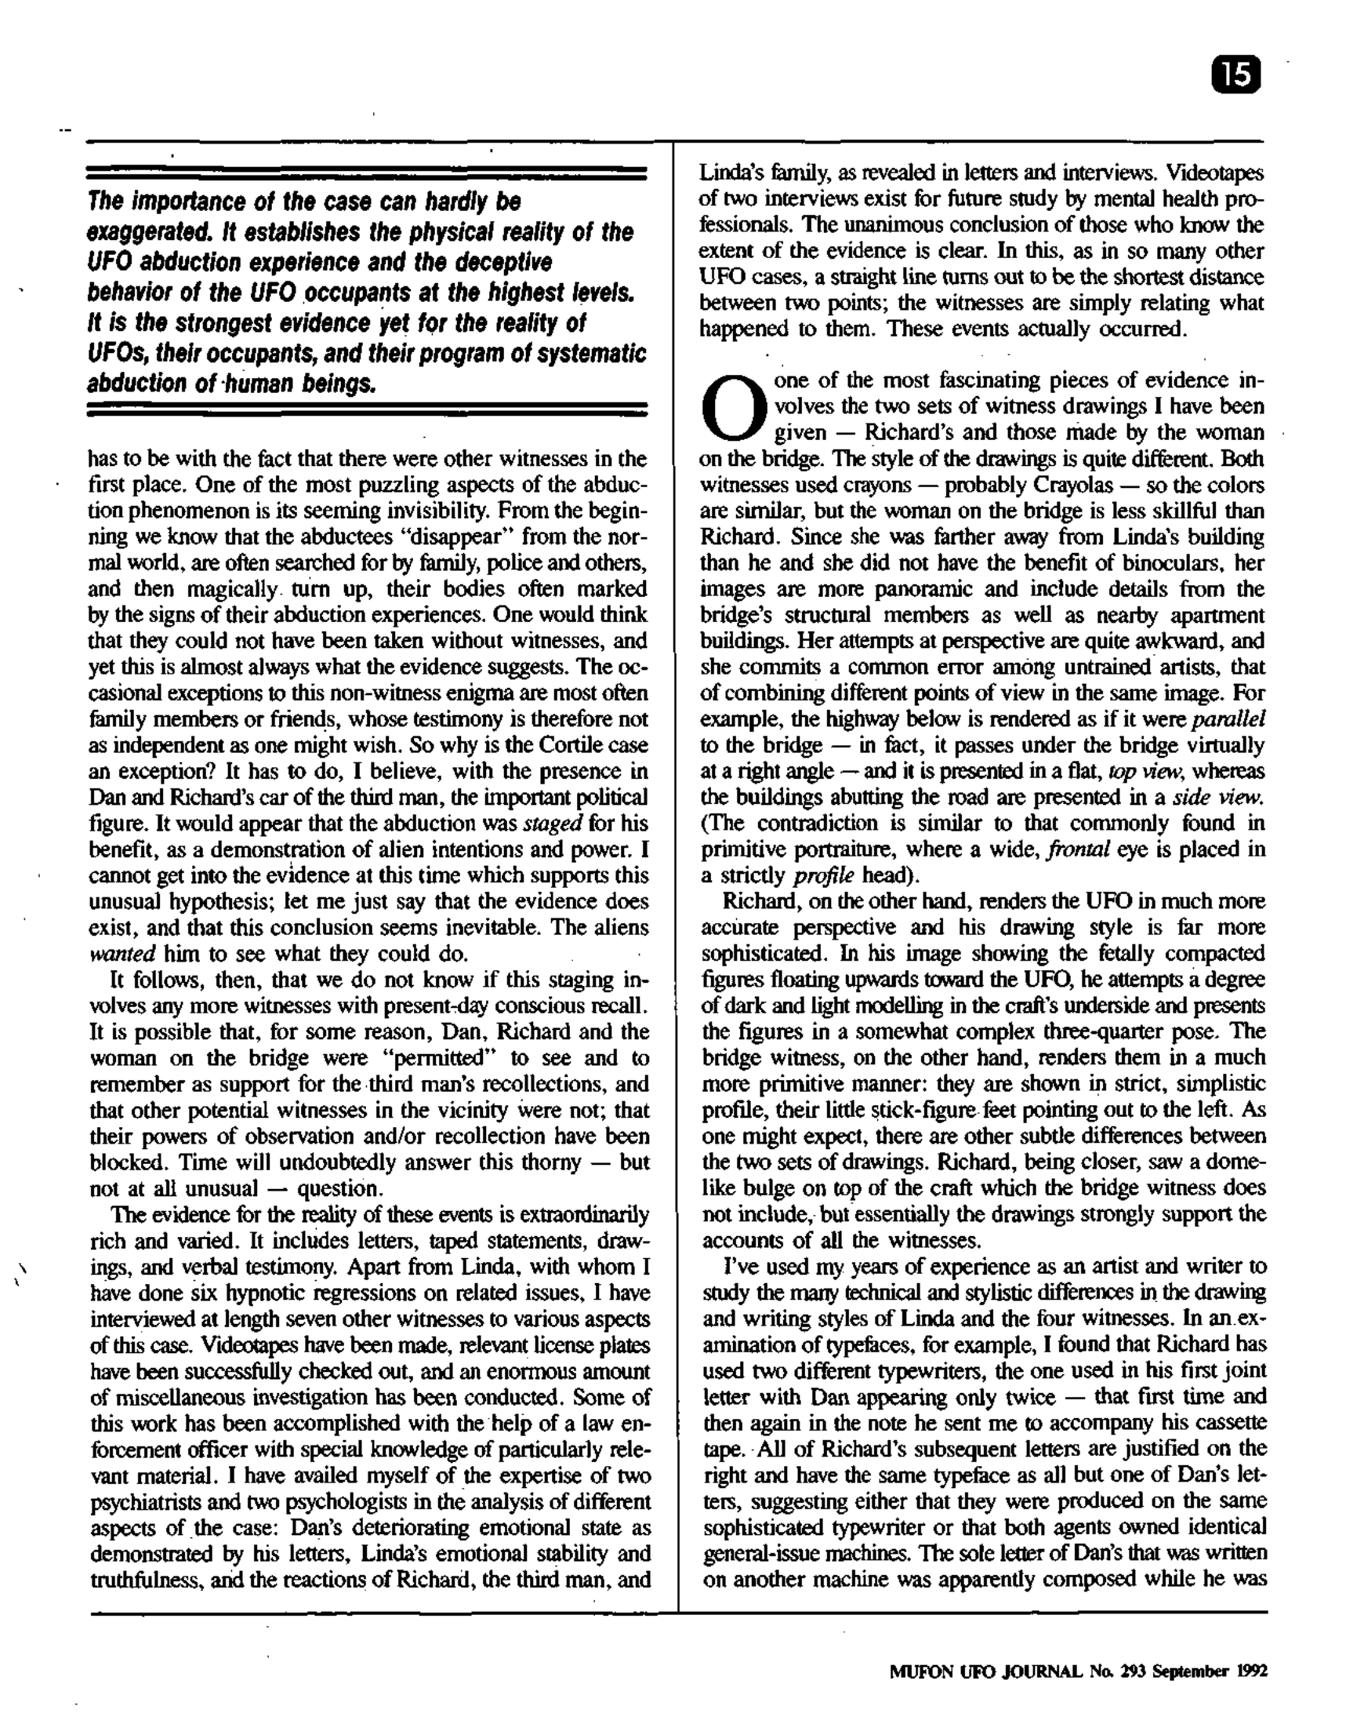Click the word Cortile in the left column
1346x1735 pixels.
[567, 745]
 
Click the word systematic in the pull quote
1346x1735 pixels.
[591, 354]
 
